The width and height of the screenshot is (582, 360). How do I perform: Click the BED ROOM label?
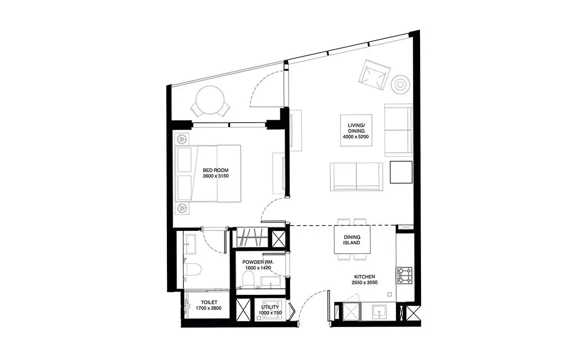(x=215, y=170)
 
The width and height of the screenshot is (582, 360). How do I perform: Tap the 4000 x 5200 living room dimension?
(x=356, y=137)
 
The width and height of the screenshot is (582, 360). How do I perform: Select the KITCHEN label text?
(x=364, y=277)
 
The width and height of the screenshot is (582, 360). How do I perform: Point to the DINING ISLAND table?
(x=352, y=239)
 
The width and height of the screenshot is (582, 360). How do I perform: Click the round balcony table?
(x=210, y=100)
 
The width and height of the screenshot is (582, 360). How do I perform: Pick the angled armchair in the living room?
(x=374, y=75)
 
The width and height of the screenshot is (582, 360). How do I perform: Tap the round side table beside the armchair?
(x=401, y=84)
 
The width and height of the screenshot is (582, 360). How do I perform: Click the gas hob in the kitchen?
(x=404, y=275)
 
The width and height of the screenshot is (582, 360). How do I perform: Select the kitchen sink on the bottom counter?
(x=379, y=312)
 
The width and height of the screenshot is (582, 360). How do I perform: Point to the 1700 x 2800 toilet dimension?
(x=209, y=308)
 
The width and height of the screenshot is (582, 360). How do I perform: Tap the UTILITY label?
(x=270, y=307)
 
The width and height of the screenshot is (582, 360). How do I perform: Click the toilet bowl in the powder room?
(x=248, y=279)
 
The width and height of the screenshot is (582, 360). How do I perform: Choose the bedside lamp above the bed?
(x=181, y=139)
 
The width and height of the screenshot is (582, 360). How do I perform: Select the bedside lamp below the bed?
(x=181, y=208)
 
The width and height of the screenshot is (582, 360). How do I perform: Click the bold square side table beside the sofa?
(x=401, y=172)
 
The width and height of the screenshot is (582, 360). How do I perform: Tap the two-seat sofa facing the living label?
(x=356, y=177)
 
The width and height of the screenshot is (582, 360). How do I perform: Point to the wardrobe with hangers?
(x=252, y=237)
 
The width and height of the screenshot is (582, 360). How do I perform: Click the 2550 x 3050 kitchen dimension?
(x=364, y=282)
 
